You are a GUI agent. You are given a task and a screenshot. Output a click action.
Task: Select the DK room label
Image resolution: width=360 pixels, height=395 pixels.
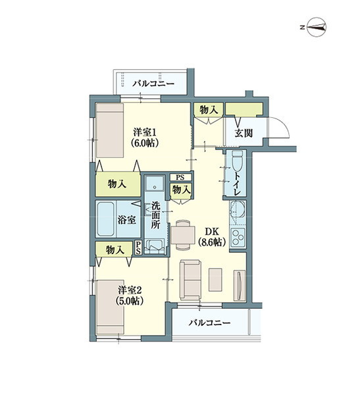tap(211, 236)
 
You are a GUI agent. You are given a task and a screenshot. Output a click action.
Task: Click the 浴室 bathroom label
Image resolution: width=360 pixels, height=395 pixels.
tap(127, 221)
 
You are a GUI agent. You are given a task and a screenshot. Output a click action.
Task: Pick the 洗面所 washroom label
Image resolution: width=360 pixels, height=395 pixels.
tap(156, 214)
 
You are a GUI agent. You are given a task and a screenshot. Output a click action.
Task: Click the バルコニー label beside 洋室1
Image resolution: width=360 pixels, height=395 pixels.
tap(153, 84)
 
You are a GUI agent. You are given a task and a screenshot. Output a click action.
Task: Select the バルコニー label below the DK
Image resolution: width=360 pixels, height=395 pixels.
tap(209, 323)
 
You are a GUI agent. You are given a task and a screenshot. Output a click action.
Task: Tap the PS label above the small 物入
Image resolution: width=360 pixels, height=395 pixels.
tap(179, 177)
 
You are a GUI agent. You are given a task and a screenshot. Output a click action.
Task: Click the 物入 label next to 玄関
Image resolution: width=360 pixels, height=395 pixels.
tap(209, 110)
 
